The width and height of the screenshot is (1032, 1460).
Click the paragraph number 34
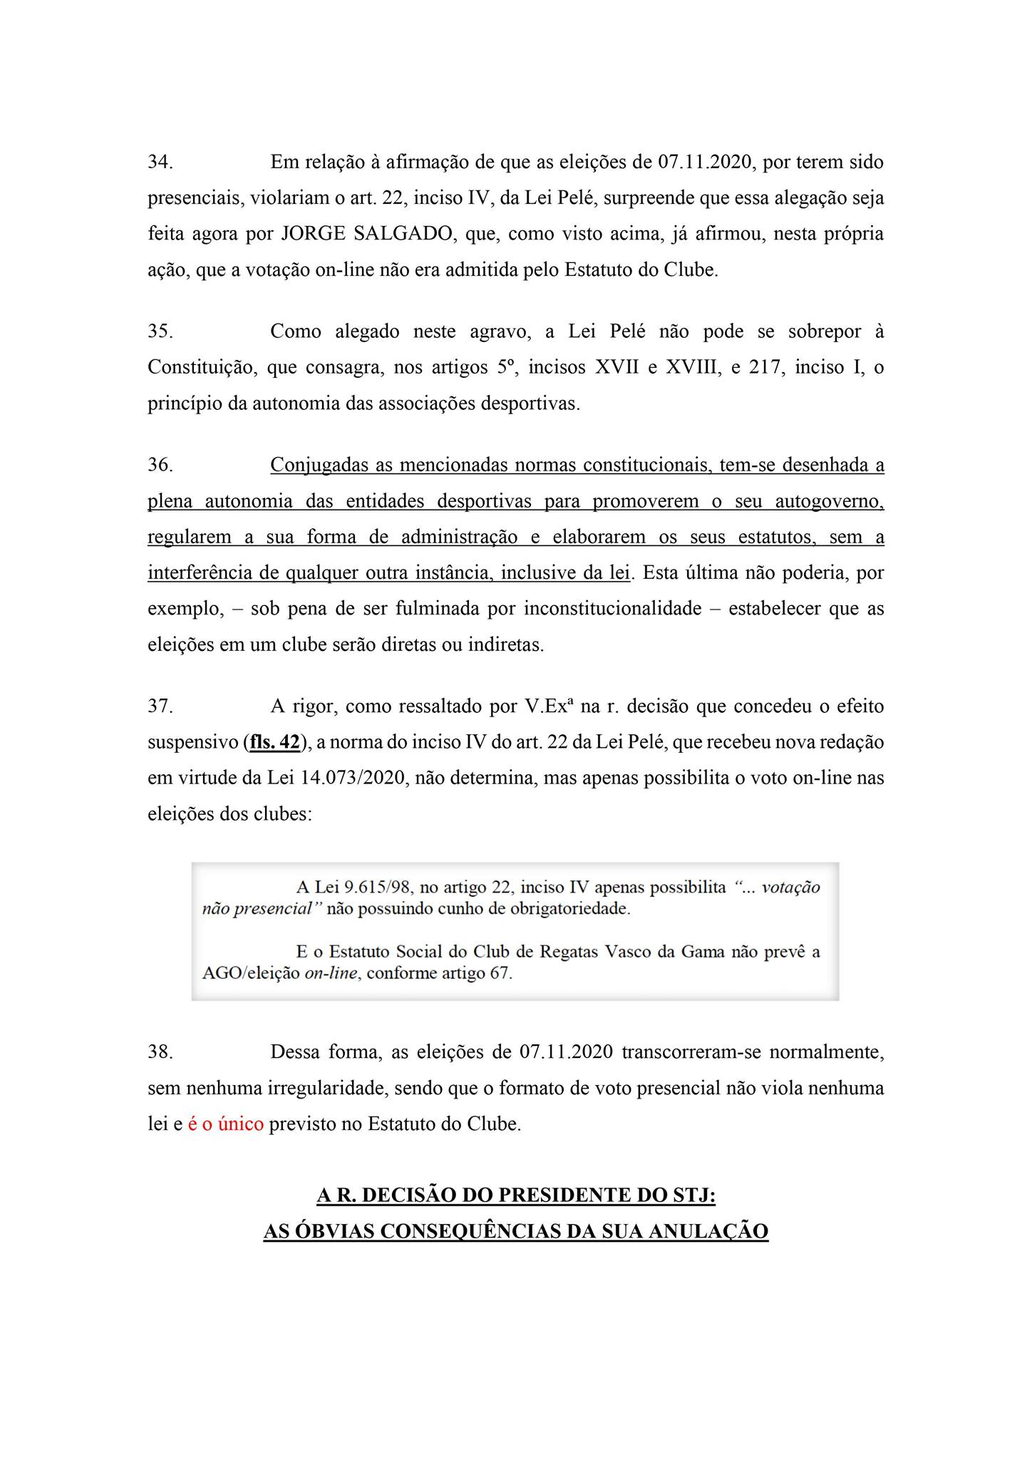click(160, 163)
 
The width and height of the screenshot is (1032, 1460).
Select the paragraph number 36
click(160, 466)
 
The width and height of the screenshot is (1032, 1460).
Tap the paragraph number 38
click(160, 1053)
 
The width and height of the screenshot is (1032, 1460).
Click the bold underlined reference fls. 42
click(274, 742)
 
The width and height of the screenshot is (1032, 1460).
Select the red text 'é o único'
click(225, 1124)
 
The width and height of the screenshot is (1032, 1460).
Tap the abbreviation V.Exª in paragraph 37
click(549, 706)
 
